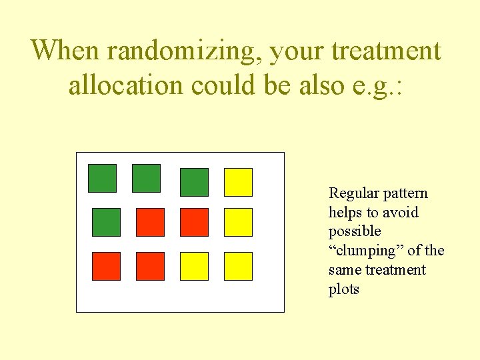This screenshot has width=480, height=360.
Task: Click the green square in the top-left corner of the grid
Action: pyautogui.click(x=102, y=178)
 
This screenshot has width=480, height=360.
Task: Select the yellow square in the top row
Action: pyautogui.click(x=238, y=182)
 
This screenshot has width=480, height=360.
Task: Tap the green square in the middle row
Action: pyautogui.click(x=106, y=222)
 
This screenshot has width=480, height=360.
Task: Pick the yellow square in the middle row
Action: pyautogui.click(x=238, y=222)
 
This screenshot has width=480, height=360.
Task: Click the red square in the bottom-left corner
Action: pyautogui.click(x=106, y=266)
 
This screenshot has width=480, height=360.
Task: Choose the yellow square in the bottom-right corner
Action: pyautogui.click(x=238, y=266)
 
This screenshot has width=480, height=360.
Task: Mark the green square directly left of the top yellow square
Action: pyautogui.click(x=194, y=182)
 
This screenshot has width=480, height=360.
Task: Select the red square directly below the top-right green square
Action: pyautogui.click(x=194, y=222)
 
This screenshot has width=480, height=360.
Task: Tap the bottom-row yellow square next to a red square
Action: pyautogui.click(x=194, y=266)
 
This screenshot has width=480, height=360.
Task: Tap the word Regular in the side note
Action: pyautogui.click(x=350, y=193)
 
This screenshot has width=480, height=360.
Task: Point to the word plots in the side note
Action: pyautogui.click(x=344, y=289)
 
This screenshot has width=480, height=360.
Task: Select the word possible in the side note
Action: pyautogui.click(x=355, y=231)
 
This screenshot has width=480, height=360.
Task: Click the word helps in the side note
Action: pyautogui.click(x=345, y=213)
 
